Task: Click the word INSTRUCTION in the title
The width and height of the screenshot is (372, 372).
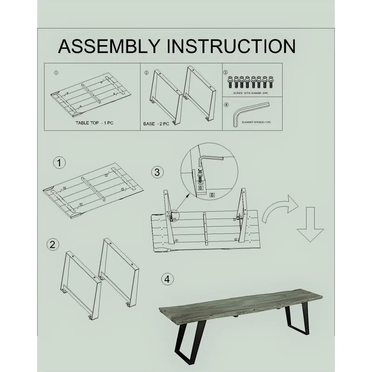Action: pyautogui.click(x=231, y=46)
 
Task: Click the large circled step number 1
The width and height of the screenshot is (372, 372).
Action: pyautogui.click(x=59, y=163)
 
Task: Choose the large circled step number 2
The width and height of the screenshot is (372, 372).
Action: pyautogui.click(x=54, y=245)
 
